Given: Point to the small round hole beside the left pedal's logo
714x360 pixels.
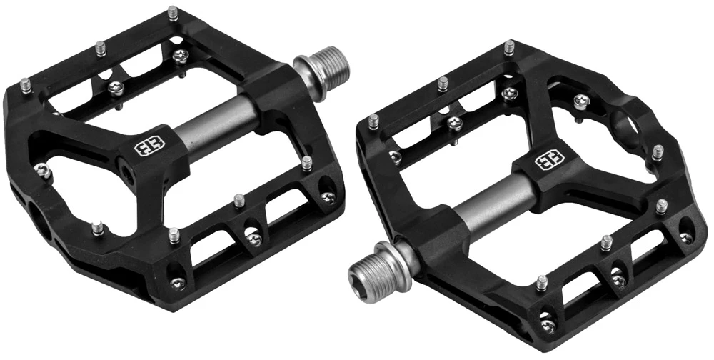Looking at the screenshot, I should (x=126, y=173).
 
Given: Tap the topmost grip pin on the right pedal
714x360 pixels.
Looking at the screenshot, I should (x=508, y=49).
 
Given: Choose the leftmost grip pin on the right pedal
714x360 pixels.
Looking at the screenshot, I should (x=372, y=122).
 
